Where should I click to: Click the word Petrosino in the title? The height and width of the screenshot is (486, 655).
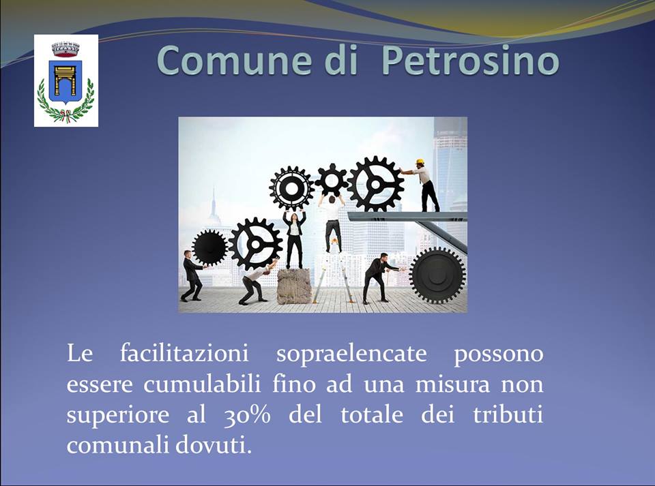[470, 61]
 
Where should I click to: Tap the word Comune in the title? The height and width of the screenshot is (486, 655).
[234, 61]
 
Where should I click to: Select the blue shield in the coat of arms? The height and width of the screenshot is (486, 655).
[65, 82]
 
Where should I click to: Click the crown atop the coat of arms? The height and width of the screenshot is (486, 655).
[65, 49]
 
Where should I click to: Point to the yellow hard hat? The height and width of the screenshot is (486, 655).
[420, 162]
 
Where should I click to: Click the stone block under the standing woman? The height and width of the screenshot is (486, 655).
[294, 286]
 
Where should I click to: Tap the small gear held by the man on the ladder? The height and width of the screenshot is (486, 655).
[332, 180]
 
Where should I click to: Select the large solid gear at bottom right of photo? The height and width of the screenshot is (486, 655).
[437, 275]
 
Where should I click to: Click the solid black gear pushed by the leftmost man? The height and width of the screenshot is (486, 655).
[209, 248]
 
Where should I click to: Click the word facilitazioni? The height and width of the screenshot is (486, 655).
[184, 353]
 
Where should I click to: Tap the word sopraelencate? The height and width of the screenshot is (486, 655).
[351, 354]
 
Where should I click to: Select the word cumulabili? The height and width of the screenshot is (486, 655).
[202, 384]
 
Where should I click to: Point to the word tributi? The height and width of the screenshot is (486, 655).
[508, 414]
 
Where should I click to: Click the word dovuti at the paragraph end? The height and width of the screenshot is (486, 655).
[214, 445]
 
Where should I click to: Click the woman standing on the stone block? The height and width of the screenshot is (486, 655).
[294, 239]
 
